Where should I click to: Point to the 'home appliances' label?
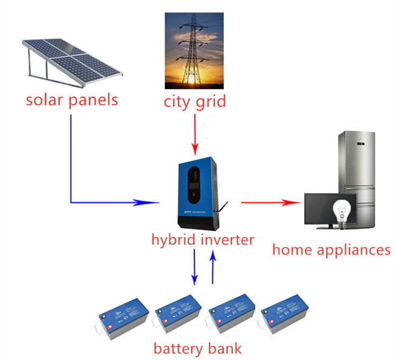(x=331, y=249)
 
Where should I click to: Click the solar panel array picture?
(x=73, y=61)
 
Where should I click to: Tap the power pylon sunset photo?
(x=194, y=50)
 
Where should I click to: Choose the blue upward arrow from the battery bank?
(x=213, y=267)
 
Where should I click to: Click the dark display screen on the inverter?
(x=194, y=186)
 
